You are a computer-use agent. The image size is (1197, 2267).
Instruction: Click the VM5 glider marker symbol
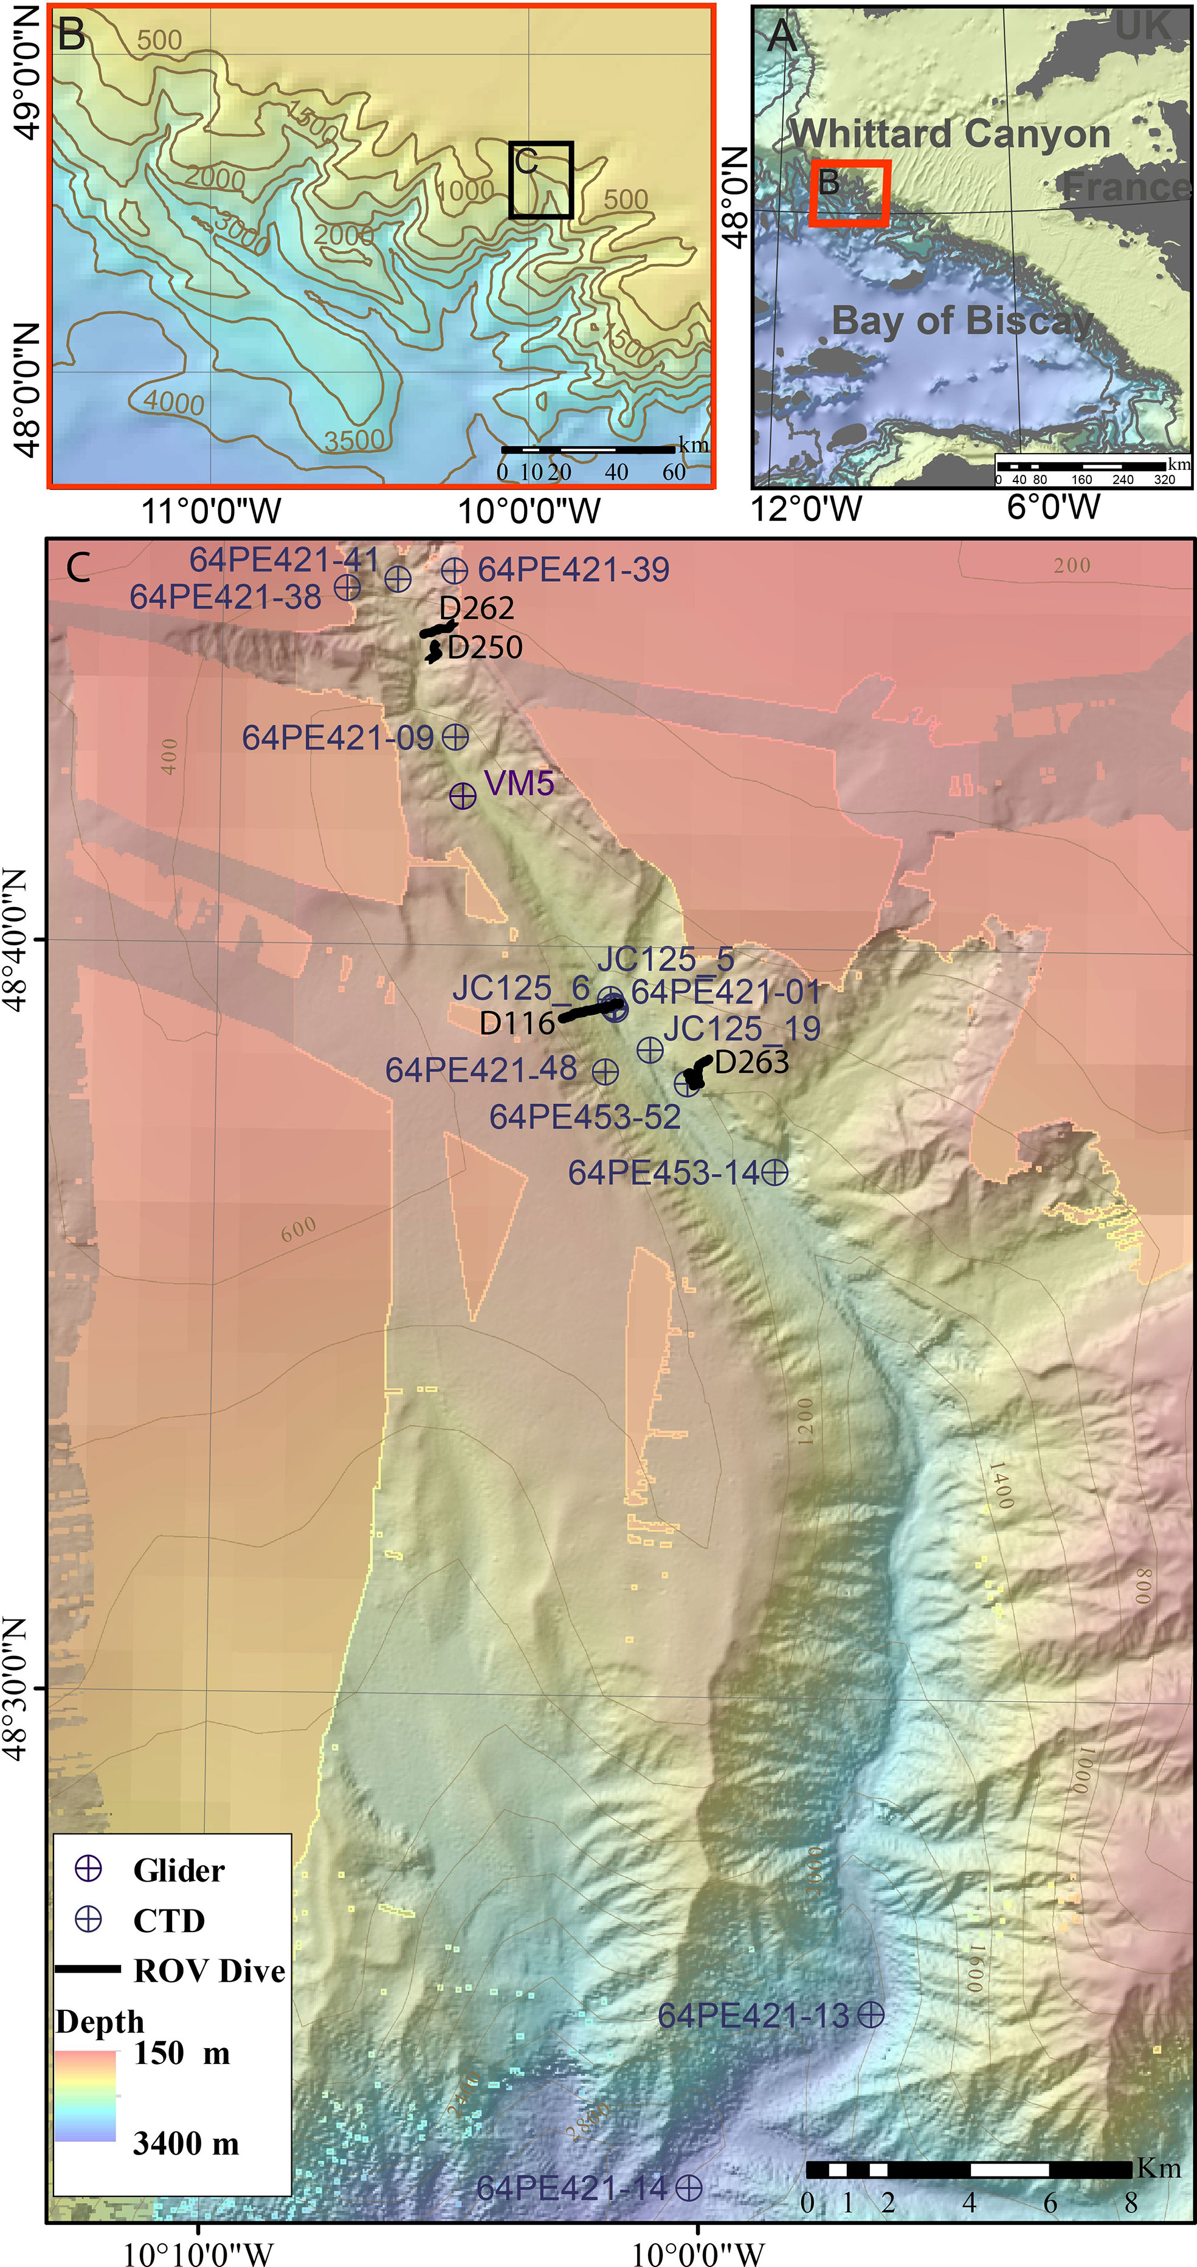click(x=463, y=796)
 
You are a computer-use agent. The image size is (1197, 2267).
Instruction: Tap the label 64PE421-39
click(x=573, y=570)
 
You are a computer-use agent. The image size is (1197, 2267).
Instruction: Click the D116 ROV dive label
click(x=517, y=1023)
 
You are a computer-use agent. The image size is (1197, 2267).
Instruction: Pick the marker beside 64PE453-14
click(x=774, y=1172)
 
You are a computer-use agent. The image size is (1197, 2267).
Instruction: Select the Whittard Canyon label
click(x=951, y=134)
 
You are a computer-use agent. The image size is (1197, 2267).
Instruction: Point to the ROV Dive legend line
click(x=88, y=1970)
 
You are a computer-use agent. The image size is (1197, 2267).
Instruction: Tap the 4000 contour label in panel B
click(x=173, y=402)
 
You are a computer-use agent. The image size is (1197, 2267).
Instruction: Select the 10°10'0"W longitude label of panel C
click(x=198, y=2254)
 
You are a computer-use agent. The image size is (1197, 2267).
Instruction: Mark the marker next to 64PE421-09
click(x=455, y=737)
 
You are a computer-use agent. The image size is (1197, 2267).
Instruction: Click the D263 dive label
click(x=751, y=1062)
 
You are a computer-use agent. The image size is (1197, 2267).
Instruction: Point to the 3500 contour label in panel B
click(x=354, y=440)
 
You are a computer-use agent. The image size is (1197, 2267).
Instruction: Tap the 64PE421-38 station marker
click(x=348, y=586)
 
